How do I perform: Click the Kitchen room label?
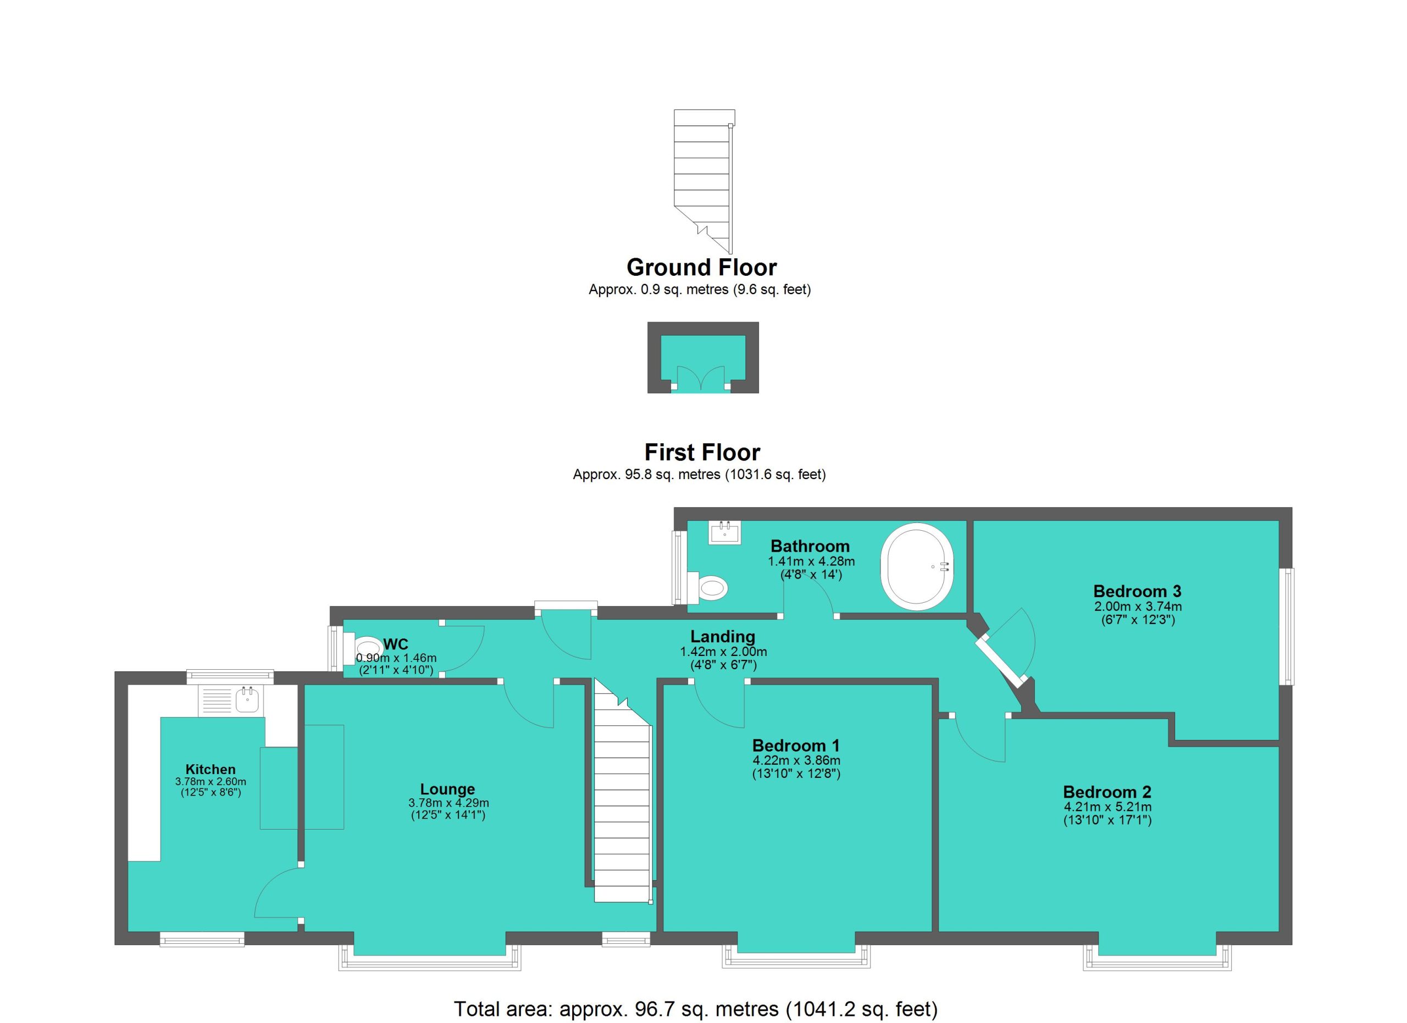point(211,769)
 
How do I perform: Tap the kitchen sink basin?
point(247,700)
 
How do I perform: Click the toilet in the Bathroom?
point(708,587)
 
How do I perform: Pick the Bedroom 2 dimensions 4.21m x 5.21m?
point(1107,807)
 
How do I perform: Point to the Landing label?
point(723,637)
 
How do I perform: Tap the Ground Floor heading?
point(702,267)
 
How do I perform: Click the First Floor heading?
point(702,453)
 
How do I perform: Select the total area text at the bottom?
point(695,1009)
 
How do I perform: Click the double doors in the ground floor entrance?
point(700,378)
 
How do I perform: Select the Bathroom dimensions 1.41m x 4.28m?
point(811,561)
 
